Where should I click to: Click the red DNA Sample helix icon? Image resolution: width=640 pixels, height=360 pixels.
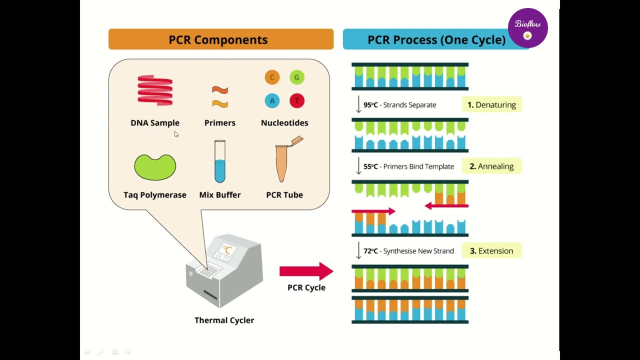pyautogui.click(x=155, y=90)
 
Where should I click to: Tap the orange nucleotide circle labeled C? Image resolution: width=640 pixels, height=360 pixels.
pyautogui.click(x=272, y=77)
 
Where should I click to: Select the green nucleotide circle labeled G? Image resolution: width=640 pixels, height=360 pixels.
pyautogui.click(x=296, y=77)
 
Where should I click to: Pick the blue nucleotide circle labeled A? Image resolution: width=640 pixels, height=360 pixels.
pyautogui.click(x=272, y=100)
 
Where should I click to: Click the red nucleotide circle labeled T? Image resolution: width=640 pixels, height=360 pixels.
pyautogui.click(x=296, y=100)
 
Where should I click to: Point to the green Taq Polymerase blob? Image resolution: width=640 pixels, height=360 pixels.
pyautogui.click(x=155, y=167)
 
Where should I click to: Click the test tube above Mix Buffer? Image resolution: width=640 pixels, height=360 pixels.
pyautogui.click(x=220, y=161)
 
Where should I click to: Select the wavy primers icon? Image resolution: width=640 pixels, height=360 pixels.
pyautogui.click(x=220, y=97)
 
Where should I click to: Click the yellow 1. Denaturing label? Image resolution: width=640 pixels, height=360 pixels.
pyautogui.click(x=491, y=104)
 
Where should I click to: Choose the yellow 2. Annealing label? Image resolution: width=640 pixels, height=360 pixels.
pyautogui.click(x=491, y=166)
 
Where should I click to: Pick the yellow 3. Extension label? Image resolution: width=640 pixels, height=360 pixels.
pyautogui.click(x=491, y=251)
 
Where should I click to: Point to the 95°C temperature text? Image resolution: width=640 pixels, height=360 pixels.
pyautogui.click(x=371, y=105)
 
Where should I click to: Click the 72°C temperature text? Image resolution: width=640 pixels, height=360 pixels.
pyautogui.click(x=371, y=251)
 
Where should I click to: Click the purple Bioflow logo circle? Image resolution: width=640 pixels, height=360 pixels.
pyautogui.click(x=527, y=28)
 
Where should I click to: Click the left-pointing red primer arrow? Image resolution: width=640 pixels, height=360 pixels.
pyautogui.click(x=446, y=205)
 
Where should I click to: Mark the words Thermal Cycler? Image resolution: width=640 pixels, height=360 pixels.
pyautogui.click(x=224, y=320)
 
